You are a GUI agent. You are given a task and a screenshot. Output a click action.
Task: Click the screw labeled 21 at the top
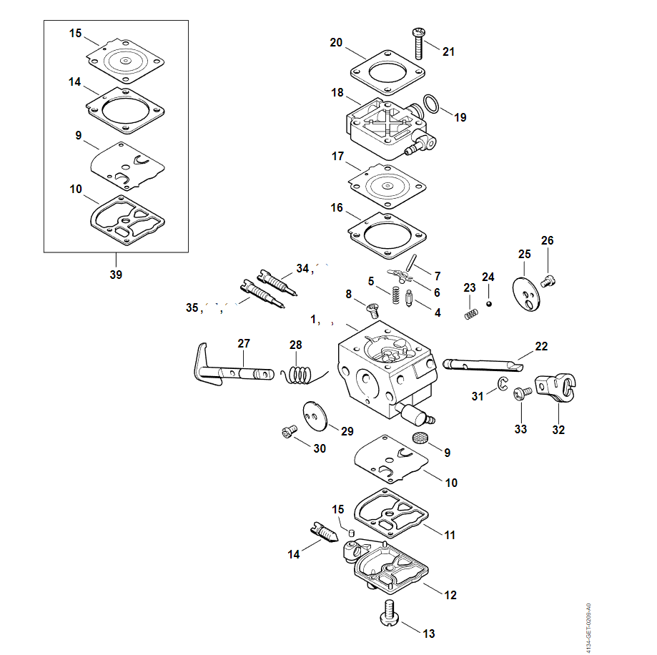click(418, 43)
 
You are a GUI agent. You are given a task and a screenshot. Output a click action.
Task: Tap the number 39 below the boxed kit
click(116, 275)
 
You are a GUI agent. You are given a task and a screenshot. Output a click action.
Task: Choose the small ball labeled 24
click(490, 302)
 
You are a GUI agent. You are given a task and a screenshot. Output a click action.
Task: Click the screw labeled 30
click(289, 432)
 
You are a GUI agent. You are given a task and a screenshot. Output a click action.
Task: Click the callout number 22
click(541, 347)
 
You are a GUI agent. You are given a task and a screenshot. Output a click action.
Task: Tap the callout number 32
click(558, 430)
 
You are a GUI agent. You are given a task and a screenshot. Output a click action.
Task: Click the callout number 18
click(337, 93)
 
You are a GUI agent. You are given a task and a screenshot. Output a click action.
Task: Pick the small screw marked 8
click(372, 309)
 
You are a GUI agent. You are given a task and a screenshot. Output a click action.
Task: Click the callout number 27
click(244, 344)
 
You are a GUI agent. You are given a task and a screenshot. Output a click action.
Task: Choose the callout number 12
click(450, 595)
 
